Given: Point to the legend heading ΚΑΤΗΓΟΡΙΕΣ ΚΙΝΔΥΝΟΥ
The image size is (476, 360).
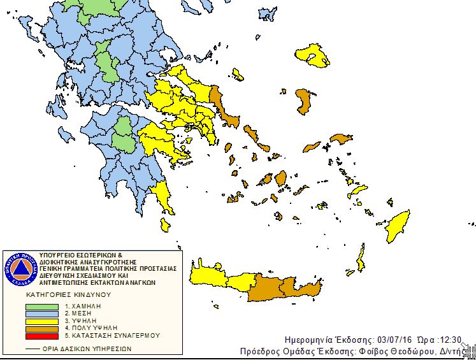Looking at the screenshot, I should (x=68, y=296).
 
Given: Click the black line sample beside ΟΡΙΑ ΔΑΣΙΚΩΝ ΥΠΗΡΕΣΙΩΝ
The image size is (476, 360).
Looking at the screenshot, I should (x=31, y=349).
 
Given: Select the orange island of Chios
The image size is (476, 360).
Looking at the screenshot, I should (x=305, y=101).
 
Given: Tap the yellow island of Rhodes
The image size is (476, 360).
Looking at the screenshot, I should (x=398, y=225).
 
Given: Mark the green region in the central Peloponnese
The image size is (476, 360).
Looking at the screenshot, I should (x=122, y=136).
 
